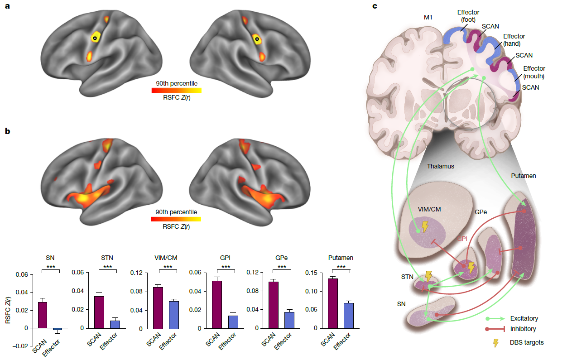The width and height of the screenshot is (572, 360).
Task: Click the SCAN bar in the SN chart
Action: pos(43,315)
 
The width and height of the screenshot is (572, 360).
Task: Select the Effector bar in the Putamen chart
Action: pos(349,316)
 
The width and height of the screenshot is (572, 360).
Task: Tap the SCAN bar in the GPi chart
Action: pos(217,305)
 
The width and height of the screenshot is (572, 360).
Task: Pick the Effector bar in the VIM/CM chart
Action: pos(174,315)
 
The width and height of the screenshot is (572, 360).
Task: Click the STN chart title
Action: pos(107,258)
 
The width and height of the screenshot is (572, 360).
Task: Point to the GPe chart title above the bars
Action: pos(281,258)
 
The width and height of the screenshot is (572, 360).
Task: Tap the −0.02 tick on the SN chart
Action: pos(20,346)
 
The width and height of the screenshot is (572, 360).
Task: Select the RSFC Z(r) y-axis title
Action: pos(8,310)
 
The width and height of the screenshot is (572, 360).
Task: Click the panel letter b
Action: pos(7,131)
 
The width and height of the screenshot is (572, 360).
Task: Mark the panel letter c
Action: pos(375,6)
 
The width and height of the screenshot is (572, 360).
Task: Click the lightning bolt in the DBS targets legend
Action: pos(495,343)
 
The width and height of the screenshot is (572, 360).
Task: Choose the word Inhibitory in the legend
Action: pos(523,329)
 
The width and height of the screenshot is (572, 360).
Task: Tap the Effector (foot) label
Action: pos(468,16)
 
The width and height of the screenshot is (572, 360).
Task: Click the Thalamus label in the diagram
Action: pos(441,166)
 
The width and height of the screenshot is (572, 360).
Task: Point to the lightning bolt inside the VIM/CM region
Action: pos(425,226)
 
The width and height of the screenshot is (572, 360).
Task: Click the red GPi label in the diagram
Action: pos(462,239)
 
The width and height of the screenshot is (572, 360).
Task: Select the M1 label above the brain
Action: pos(428,17)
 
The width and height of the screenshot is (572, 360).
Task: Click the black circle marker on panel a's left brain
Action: pos(95,38)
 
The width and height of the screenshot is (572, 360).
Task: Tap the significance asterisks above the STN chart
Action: pos(107,267)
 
